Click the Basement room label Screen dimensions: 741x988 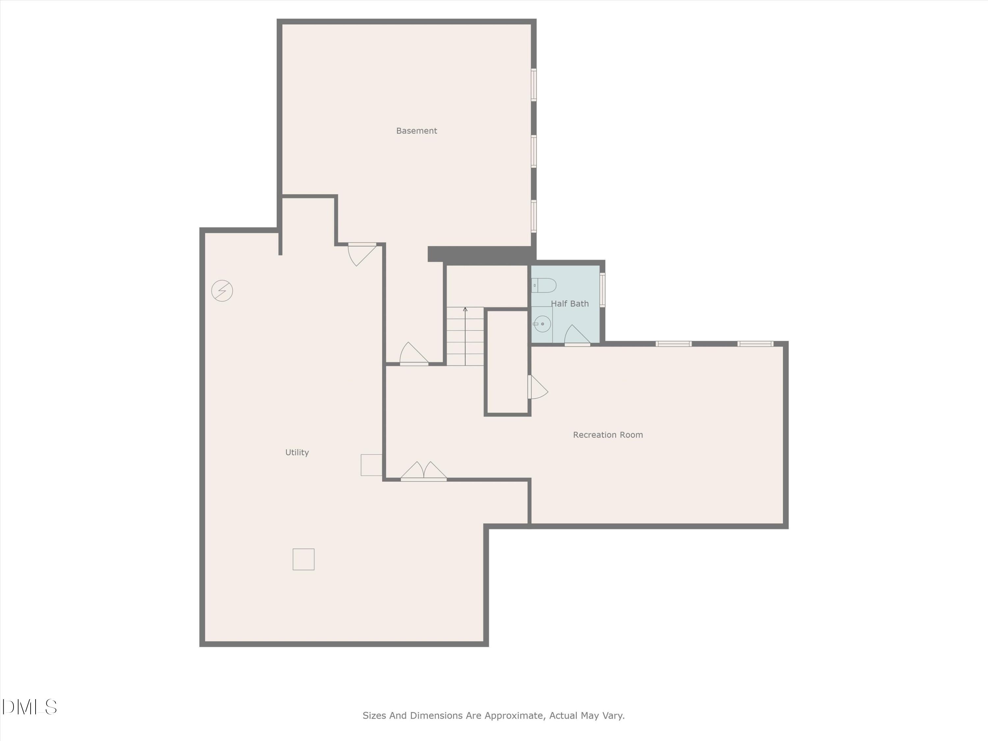coord(416,131)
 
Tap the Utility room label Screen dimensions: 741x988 coord(297,453)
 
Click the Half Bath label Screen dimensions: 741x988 coord(569,304)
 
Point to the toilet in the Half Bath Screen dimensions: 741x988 coord(544,285)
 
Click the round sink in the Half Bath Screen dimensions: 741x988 coord(542,324)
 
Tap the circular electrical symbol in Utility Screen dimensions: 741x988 coord(222,291)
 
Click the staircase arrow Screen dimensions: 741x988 coord(465,335)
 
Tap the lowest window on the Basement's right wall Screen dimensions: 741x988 coord(533,216)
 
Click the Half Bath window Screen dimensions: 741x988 coord(602,290)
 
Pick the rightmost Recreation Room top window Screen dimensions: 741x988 coord(755,343)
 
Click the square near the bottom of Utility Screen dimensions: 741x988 coord(303,559)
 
